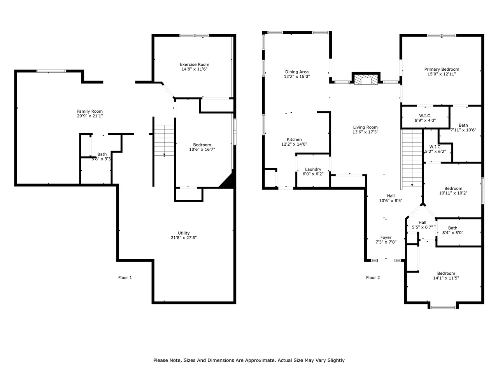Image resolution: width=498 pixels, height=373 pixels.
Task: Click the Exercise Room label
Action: click(x=194, y=64)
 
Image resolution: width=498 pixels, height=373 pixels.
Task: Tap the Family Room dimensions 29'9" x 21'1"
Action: click(x=90, y=116)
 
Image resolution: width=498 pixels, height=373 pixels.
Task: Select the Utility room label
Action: click(x=184, y=233)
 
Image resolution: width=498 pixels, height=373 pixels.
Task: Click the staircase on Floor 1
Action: click(x=164, y=140)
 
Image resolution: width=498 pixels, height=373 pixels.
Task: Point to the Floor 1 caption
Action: click(x=125, y=277)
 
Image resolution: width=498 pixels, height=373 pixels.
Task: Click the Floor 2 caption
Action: click(x=373, y=277)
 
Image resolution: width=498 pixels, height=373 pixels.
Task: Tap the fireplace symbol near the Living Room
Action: click(x=366, y=79)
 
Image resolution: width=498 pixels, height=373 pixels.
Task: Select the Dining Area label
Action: click(x=297, y=72)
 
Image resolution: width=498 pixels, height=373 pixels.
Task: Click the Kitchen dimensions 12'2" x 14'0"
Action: click(x=294, y=144)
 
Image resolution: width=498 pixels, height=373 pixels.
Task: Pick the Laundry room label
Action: click(x=313, y=169)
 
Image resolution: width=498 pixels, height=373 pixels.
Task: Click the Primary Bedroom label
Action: click(x=442, y=70)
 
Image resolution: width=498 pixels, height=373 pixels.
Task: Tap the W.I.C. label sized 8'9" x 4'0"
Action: click(x=425, y=116)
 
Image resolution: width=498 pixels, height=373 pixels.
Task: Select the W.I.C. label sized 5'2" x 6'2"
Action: click(x=435, y=147)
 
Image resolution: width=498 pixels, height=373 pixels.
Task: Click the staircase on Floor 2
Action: click(x=412, y=157)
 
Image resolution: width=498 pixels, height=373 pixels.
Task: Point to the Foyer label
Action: click(x=386, y=237)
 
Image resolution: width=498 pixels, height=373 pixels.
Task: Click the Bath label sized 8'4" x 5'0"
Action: click(x=452, y=228)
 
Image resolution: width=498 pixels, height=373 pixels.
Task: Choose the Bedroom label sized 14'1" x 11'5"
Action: click(x=446, y=273)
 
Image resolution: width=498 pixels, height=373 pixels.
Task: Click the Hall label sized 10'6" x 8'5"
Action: click(x=391, y=196)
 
